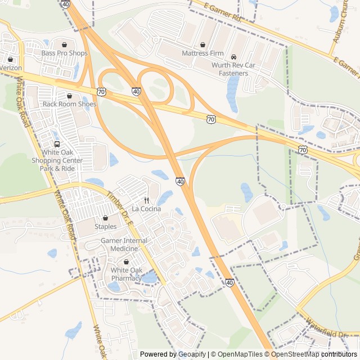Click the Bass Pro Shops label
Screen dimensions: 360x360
click(x=65, y=53)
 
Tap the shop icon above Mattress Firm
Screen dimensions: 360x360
click(x=202, y=44)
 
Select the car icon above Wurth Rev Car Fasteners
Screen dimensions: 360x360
click(x=233, y=57)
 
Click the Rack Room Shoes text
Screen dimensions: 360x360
click(x=70, y=104)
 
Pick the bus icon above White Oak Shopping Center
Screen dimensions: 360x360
click(x=57, y=144)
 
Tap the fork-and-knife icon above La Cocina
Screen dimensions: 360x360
click(x=146, y=200)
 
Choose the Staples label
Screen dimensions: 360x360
click(x=105, y=227)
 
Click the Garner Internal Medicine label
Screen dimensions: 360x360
click(x=124, y=245)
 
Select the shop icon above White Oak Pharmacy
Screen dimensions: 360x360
click(x=126, y=262)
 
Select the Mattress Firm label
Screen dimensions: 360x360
click(x=202, y=53)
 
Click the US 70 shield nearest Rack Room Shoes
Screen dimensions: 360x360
click(x=101, y=91)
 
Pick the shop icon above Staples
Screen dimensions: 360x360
click(x=105, y=218)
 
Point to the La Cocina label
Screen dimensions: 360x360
click(x=146, y=209)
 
